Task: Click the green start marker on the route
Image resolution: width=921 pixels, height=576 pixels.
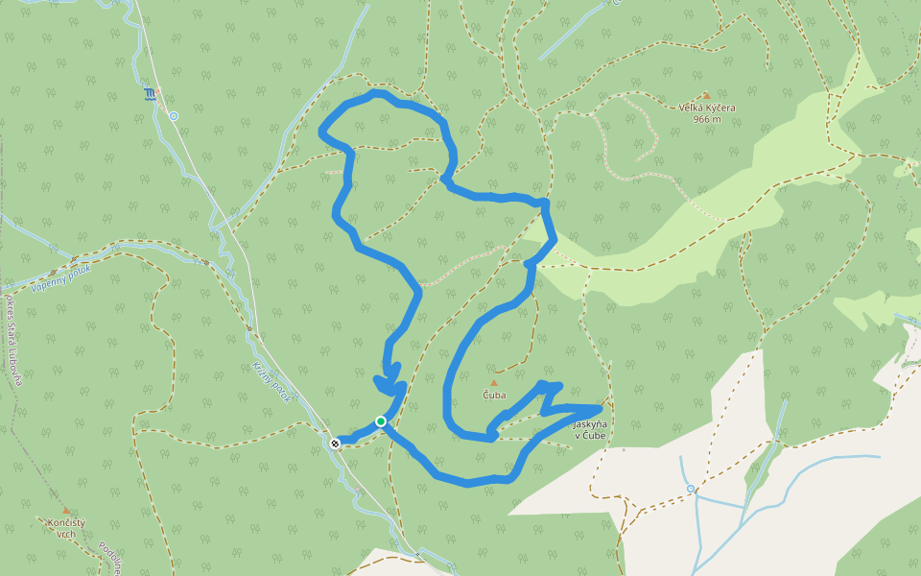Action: click(x=381, y=421)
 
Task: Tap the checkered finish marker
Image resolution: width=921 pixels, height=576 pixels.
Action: click(x=335, y=444)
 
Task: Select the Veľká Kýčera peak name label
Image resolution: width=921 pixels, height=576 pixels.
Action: click(x=707, y=108)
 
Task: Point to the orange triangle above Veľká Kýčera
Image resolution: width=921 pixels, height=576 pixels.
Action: click(x=707, y=96)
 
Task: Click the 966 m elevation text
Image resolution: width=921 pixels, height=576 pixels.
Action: click(x=707, y=120)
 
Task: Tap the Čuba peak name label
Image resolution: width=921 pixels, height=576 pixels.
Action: click(x=494, y=395)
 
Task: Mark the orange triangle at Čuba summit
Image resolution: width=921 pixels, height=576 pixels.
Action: click(x=494, y=383)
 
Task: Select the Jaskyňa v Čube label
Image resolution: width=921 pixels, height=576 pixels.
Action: click(x=589, y=429)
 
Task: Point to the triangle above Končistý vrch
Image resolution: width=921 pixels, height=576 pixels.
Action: click(x=66, y=511)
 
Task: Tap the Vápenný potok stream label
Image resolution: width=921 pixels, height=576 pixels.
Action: click(x=60, y=277)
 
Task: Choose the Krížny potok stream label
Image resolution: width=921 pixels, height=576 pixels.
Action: click(x=272, y=381)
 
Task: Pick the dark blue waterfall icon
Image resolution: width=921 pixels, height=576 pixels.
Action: click(x=152, y=93)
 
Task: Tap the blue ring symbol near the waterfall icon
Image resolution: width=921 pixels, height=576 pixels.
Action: click(x=174, y=116)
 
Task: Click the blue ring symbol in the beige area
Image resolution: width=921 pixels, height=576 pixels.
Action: click(x=691, y=489)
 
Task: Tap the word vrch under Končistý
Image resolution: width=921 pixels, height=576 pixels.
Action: click(x=66, y=534)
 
